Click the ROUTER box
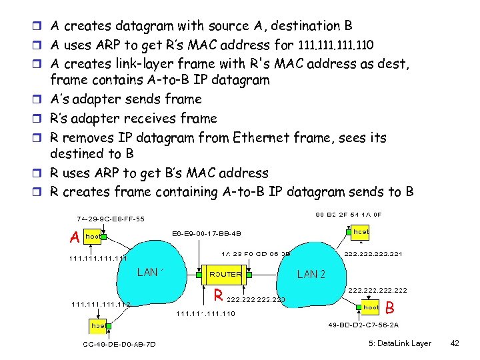pyautogui.click(x=225, y=274)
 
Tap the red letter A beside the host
pyautogui.click(x=75, y=237)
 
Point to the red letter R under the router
pyautogui.click(x=217, y=295)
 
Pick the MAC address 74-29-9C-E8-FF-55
pyautogui.click(x=110, y=218)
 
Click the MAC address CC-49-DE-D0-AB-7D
pyautogui.click(x=119, y=344)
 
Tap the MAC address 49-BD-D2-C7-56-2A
pyautogui.click(x=363, y=325)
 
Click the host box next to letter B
pyautogui.click(x=371, y=307)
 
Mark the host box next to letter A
pyautogui.click(x=93, y=237)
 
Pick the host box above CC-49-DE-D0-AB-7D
pyautogui.click(x=98, y=326)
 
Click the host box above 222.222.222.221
pyautogui.click(x=361, y=231)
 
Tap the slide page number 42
pyautogui.click(x=455, y=343)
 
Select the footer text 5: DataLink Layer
pyautogui.click(x=399, y=343)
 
